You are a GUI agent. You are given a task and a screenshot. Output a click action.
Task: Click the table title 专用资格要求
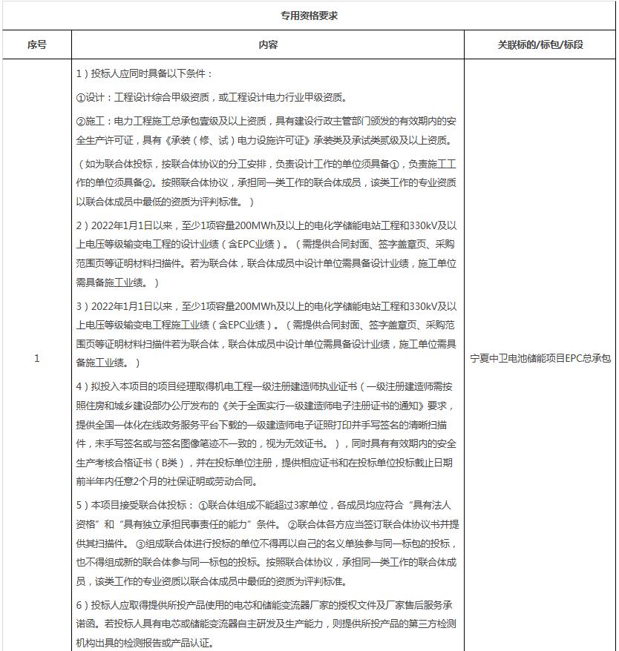pos(309,15)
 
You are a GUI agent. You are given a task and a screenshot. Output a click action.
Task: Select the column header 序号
pos(36,44)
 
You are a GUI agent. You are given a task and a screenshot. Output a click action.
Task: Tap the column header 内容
pos(268,44)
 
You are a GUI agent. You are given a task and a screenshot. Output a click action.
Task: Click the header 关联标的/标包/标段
pos(540,44)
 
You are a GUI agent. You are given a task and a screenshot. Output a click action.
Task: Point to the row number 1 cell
pos(36,359)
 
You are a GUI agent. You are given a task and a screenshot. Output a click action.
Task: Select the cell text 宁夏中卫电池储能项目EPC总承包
pos(540,359)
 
